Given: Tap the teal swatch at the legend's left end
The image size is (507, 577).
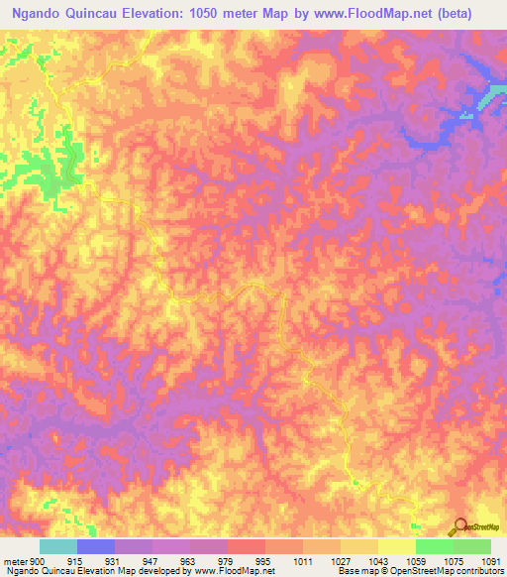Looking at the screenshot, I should pos(58,546).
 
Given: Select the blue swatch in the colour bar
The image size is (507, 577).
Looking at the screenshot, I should pos(96,546).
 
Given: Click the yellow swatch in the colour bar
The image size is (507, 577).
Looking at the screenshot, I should pos(396,546).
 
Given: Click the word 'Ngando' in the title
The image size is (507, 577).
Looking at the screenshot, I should pos(42,13).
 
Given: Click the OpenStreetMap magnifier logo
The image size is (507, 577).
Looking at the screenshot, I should pos(459,525).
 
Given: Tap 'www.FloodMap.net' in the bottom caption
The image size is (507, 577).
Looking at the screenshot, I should pos(219,571).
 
